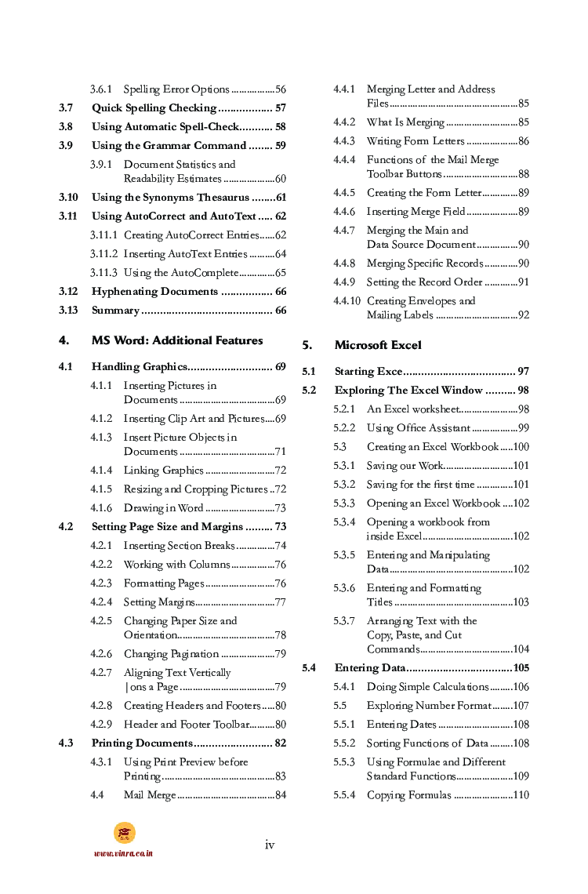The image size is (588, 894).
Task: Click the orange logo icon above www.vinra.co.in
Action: (124, 833)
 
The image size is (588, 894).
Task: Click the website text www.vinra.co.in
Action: (123, 853)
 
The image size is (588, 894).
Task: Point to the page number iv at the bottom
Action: (270, 845)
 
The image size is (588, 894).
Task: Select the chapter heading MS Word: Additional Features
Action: (177, 340)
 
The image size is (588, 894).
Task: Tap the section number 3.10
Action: (68, 198)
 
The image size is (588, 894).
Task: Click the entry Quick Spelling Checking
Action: (154, 108)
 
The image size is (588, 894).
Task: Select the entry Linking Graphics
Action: (164, 471)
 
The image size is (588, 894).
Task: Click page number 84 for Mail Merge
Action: (281, 795)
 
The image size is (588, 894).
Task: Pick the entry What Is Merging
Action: (405, 122)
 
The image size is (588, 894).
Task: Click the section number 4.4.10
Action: (347, 301)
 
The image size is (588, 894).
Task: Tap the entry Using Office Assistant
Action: (419, 428)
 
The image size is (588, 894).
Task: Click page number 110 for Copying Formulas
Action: (521, 795)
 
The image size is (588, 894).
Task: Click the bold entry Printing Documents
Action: (142, 743)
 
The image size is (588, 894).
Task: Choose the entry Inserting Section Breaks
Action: (179, 546)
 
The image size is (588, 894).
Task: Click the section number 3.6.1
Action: (101, 89)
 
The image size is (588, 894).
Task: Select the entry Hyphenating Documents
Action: (154, 292)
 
